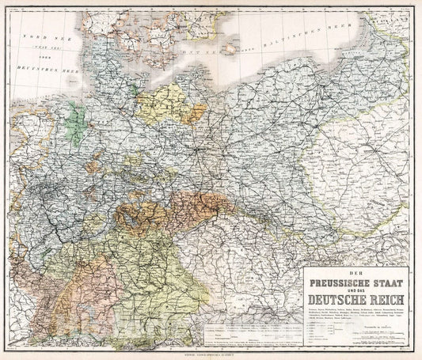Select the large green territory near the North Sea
coord(77,123)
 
